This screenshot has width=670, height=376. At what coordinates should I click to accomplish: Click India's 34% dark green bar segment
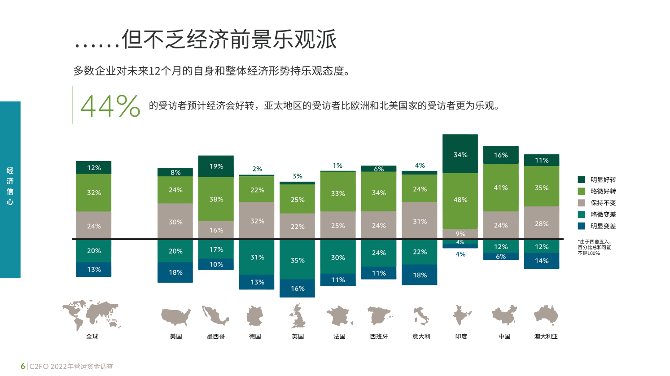460,154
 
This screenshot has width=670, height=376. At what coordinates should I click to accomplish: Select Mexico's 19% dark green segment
216,166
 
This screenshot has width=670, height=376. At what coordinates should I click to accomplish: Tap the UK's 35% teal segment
297,260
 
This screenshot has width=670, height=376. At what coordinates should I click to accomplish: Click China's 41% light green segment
500,188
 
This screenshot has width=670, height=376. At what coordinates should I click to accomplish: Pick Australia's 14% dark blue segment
541,261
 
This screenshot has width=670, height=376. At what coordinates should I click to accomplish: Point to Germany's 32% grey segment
257,221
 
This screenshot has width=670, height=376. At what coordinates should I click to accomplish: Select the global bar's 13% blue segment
93,269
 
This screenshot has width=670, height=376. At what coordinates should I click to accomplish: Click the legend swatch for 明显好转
581,179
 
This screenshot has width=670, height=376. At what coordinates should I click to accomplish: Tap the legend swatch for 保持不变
581,203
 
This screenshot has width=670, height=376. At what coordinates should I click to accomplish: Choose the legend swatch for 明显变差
581,226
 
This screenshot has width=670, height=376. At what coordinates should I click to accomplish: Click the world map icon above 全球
92,314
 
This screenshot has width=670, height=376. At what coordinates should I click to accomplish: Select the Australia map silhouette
546,315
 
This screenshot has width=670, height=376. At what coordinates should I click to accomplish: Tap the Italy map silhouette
421,315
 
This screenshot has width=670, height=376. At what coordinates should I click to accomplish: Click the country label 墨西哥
216,337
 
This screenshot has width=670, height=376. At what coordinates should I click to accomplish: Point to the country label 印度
461,337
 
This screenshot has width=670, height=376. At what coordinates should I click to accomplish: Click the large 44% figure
110,106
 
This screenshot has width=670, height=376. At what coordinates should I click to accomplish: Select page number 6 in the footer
23,366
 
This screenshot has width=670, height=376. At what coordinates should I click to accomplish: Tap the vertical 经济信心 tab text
10,186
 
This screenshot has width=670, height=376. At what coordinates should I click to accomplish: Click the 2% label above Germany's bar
257,169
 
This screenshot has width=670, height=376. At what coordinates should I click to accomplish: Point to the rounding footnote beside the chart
594,247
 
